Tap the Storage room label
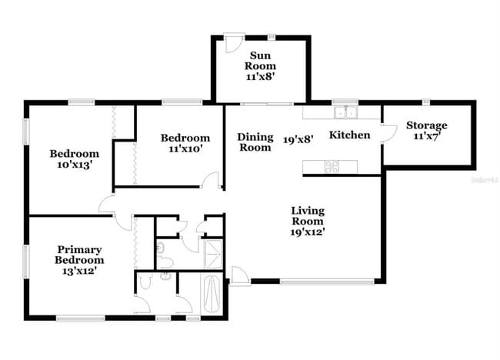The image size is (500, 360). (x=427, y=125)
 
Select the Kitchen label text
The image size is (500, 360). (x=350, y=135)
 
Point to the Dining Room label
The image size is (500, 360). (x=255, y=142)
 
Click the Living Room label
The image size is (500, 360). (x=308, y=215)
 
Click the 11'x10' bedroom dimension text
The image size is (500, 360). (x=185, y=149)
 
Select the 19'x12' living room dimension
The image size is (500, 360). (x=308, y=232)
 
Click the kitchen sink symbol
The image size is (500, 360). (x=345, y=113)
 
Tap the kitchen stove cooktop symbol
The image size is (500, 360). (x=332, y=165)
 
